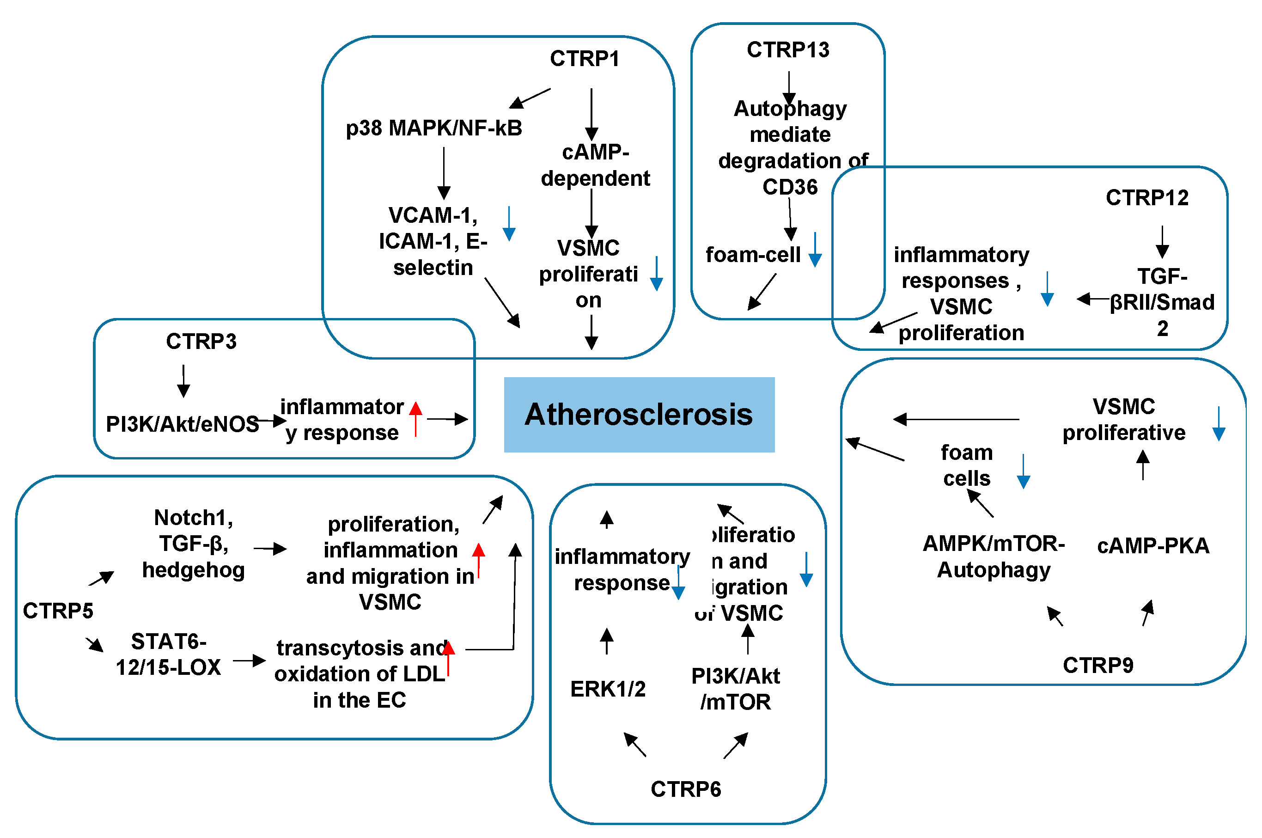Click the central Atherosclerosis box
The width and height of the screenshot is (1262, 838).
[x=639, y=415]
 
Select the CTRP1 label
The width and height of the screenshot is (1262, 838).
[x=585, y=59]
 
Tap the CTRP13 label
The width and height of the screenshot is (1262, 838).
[x=787, y=50]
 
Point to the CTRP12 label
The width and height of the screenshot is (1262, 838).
[x=1146, y=198]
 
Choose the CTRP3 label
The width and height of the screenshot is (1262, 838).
[x=201, y=341]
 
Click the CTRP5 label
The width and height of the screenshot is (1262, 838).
[x=58, y=610]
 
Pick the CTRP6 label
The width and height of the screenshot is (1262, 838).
[x=685, y=789]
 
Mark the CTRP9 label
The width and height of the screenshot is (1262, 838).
[x=1097, y=665]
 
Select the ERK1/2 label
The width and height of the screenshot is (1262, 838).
[x=608, y=689]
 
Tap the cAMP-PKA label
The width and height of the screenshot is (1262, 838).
[x=1152, y=546]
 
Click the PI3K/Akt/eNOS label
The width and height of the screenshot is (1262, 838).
[x=182, y=424]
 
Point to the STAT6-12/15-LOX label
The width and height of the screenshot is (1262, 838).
[x=168, y=654]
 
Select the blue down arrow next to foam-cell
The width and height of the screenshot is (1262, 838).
[x=815, y=249]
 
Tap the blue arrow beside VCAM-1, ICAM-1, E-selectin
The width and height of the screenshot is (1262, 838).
[x=509, y=223]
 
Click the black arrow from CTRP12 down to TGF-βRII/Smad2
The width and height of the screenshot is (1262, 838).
[x=1162, y=242]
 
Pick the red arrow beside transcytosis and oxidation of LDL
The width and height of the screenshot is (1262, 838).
[x=448, y=657]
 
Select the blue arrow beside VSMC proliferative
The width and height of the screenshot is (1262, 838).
[x=1219, y=423]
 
